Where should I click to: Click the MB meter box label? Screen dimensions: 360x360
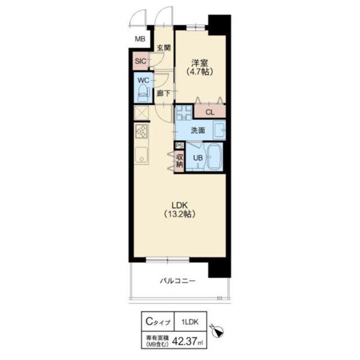tap(140, 39)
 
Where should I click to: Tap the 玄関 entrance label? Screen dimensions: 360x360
tap(164, 48)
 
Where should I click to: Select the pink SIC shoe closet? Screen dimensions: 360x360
tap(141, 61)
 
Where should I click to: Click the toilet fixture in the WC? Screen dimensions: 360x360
tap(143, 93)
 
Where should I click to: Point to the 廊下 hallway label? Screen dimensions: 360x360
tap(164, 93)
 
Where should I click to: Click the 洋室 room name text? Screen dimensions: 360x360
tap(200, 63)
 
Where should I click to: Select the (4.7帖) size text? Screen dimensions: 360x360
tap(200, 72)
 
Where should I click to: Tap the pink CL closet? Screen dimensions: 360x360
tap(210, 112)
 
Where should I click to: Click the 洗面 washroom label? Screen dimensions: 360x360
tap(198, 130)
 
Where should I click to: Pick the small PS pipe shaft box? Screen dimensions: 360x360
tap(179, 146)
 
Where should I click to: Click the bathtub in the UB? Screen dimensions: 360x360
tap(215, 157)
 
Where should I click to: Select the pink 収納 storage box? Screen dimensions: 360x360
tap(179, 161)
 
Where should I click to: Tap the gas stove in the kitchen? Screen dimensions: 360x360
tap(142, 132)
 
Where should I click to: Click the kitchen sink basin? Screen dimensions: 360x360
tap(141, 155)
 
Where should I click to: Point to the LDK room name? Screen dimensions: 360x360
tap(180, 205)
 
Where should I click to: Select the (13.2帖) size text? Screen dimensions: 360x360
tap(180, 214)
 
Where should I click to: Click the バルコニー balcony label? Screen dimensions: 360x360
tap(178, 281)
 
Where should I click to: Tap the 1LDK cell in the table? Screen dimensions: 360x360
tap(190, 322)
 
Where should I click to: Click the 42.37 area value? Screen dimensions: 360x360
tap(184, 341)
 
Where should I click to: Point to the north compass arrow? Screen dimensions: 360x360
tap(217, 330)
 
